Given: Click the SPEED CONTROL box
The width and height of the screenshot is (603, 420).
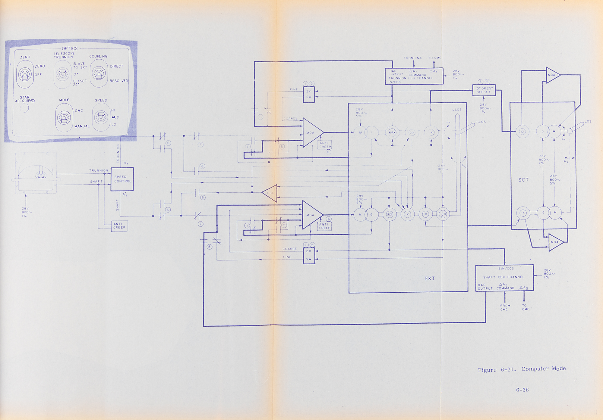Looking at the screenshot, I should (x=122, y=179).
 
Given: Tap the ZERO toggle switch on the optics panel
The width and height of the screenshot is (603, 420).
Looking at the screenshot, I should (x=25, y=74).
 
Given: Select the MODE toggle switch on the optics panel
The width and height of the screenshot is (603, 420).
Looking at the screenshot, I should (x=64, y=118).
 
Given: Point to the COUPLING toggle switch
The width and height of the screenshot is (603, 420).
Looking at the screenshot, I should (x=99, y=73).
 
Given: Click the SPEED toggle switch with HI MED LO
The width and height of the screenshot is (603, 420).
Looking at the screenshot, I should (x=101, y=117).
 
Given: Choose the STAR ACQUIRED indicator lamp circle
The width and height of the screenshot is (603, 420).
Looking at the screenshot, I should (x=24, y=107).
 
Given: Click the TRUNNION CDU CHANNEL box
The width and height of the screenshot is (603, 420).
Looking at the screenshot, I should (x=414, y=76).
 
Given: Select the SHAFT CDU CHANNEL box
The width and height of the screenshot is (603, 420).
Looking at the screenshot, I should (x=504, y=278).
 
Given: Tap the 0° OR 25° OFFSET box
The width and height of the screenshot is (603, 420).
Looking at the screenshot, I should (x=484, y=90).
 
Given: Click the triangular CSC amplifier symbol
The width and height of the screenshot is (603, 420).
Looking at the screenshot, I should (x=270, y=193).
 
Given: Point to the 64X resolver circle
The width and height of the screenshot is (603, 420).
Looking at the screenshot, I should (x=392, y=132).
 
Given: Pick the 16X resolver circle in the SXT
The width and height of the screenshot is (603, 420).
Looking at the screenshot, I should (x=390, y=214).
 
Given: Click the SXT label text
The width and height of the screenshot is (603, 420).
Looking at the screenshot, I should (x=430, y=278).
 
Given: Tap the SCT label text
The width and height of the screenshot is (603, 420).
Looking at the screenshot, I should (x=523, y=180).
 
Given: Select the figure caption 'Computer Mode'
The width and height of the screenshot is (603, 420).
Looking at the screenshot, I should (x=543, y=369).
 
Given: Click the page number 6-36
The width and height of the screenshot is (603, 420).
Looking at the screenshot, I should (x=522, y=390).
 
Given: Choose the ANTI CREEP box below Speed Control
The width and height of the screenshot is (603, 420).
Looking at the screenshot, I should (x=119, y=226).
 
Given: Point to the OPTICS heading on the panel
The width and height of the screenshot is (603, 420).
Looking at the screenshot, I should (x=70, y=48).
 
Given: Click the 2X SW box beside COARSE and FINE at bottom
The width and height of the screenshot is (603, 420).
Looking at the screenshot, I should (x=309, y=255).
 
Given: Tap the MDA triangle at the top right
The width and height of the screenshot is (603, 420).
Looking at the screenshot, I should (x=552, y=75).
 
